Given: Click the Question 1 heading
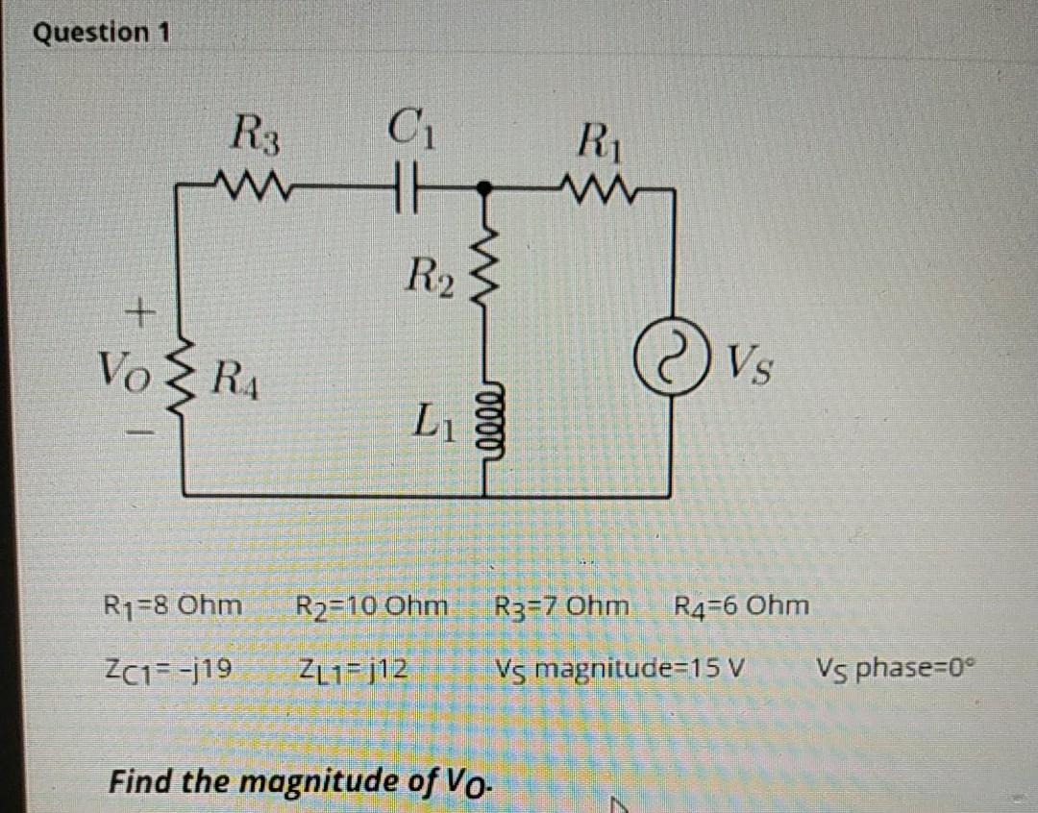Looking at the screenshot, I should pyautogui.click(x=101, y=33).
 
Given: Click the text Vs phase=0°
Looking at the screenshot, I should pyautogui.click(x=901, y=665).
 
